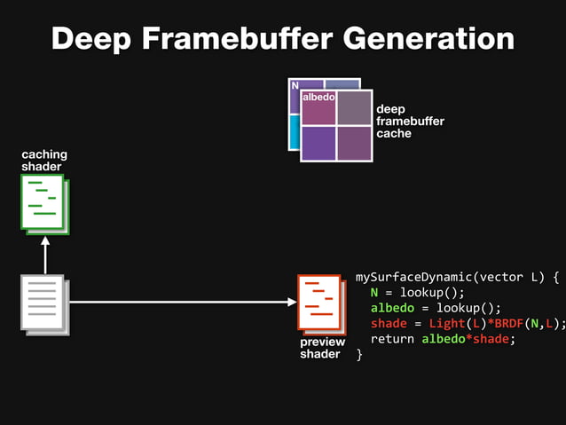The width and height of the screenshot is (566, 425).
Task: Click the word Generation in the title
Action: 429,38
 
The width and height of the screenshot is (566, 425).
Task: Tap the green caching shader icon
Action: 44,203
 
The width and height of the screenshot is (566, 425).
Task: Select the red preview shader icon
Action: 320,303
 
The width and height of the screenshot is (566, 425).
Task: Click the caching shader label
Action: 43,161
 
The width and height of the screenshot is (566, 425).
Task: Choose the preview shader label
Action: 321,348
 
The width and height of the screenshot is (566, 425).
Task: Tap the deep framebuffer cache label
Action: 410,122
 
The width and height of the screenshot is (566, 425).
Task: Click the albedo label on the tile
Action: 318,97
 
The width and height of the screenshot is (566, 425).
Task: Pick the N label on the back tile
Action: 295,86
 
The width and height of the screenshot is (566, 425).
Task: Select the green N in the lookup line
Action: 375,292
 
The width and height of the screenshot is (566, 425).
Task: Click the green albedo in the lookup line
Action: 391,308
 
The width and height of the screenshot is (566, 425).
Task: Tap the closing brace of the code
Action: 359,354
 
